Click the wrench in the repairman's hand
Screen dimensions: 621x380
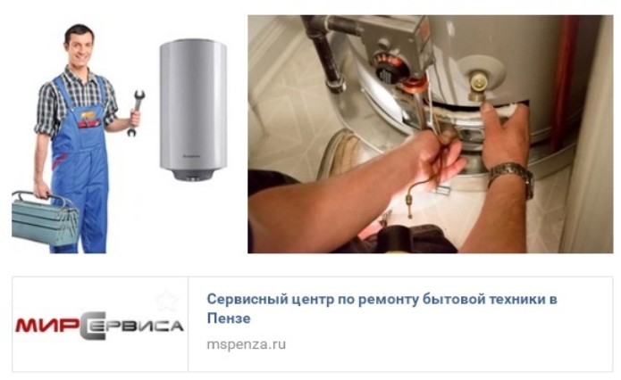136,112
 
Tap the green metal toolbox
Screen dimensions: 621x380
45,219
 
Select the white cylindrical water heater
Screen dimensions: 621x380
193,110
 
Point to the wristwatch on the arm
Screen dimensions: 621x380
513,178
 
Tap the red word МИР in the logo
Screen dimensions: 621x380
46,325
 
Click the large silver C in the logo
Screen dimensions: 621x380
93,325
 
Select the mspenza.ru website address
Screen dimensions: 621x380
246,344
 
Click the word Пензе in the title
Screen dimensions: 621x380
229,318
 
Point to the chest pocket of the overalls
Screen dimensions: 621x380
89,120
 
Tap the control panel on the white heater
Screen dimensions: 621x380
193,176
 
